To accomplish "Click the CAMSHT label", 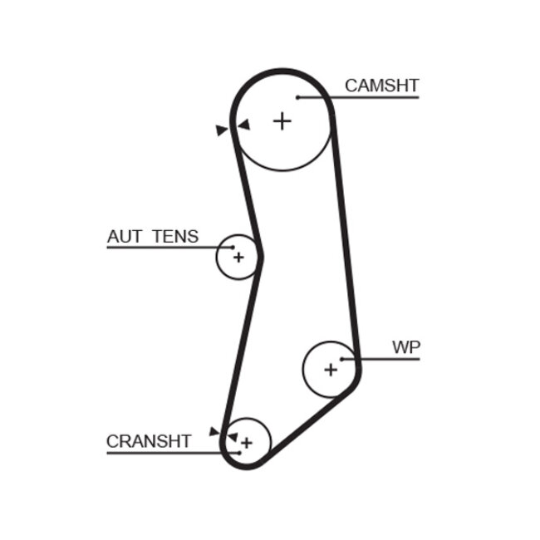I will coord(381,85).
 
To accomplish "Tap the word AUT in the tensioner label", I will coord(125,236).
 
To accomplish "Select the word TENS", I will coord(175,236).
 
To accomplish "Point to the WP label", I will coord(406,347).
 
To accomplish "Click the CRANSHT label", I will coord(149,441).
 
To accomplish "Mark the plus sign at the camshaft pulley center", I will coord(283,121).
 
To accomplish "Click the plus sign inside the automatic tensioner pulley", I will coord(238,258).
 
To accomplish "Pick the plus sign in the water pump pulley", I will coord(331,369).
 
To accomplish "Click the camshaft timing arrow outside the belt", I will coord(221,130).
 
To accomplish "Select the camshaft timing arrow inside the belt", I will coord(243,125).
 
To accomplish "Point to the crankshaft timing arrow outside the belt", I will coord(214,431).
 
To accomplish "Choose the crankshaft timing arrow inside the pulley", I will coord(233,435).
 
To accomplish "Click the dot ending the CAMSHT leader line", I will coord(297,98).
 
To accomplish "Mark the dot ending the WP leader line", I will coord(341,359).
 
